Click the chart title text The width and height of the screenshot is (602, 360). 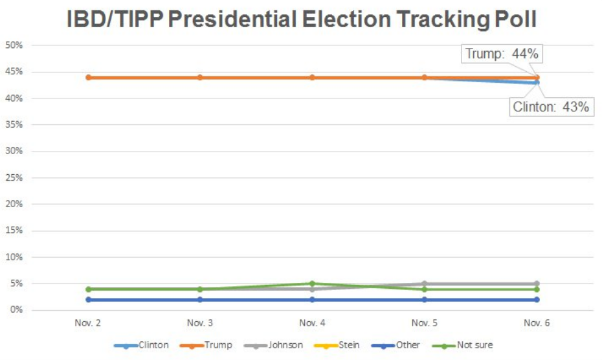[x=302, y=19]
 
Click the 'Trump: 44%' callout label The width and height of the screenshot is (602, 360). [x=502, y=54]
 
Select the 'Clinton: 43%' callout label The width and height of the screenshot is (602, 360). [x=551, y=107]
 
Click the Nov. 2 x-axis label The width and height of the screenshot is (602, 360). [x=87, y=322]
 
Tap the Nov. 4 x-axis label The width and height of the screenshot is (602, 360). [x=312, y=322]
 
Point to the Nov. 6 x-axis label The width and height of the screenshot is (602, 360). [x=537, y=322]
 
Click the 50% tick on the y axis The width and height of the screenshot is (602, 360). [x=14, y=45]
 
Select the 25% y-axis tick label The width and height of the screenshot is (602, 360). [x=14, y=177]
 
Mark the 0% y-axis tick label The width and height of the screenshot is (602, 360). [x=16, y=310]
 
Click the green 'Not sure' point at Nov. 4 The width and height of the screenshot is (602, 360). [x=312, y=284]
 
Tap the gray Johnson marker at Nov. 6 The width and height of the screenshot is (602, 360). [x=537, y=284]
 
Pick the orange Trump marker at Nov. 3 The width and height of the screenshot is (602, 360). [x=200, y=78]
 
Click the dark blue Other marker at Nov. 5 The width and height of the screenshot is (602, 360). [x=425, y=300]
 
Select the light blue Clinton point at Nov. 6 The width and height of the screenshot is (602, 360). [x=537, y=82]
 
